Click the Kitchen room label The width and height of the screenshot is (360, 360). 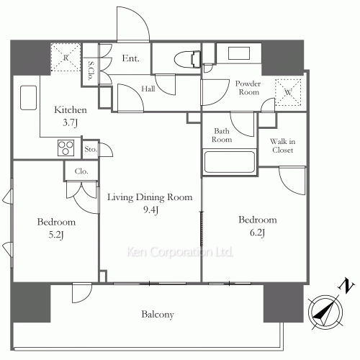tap(71, 115)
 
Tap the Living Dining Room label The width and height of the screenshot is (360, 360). tap(150, 202)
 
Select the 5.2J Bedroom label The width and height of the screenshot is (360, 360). tap(56, 228)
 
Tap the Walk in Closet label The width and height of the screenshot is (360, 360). tap(282, 146)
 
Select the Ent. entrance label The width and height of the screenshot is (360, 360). tap(130, 59)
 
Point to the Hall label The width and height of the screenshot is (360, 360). tap(148, 89)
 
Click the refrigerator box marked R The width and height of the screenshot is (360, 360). tap(65, 57)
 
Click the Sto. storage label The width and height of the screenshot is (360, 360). tap(91, 150)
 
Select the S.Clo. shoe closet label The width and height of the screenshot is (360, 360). tap(91, 71)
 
